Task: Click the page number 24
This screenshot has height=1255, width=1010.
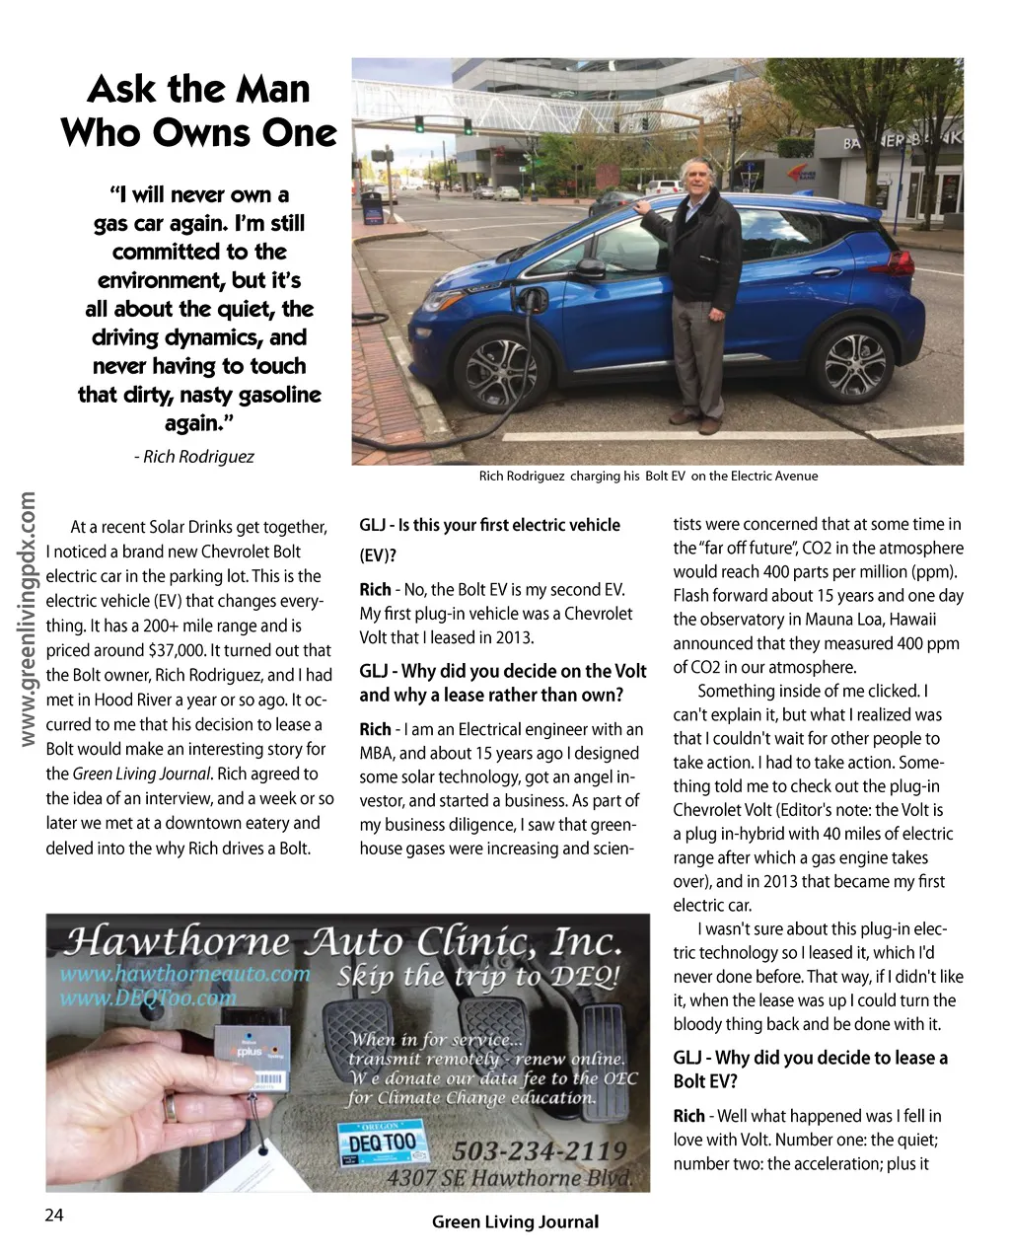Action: tap(54, 1216)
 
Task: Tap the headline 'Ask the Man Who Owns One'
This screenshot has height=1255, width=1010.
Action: tap(199, 111)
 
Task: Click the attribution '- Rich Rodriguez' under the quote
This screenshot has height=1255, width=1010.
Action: tap(193, 456)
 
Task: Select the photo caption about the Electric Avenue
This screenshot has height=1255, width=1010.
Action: tap(648, 476)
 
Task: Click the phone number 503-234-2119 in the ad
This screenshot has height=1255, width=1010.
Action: tap(539, 1150)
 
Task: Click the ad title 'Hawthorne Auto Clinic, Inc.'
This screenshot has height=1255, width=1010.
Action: tap(343, 941)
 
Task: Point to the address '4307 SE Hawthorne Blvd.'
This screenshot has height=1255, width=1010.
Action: tap(508, 1177)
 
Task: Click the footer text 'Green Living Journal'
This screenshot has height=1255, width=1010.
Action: tap(515, 1221)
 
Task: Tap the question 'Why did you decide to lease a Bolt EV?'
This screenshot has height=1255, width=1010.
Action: tap(810, 1069)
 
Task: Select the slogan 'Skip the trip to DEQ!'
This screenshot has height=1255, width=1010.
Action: tap(478, 977)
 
